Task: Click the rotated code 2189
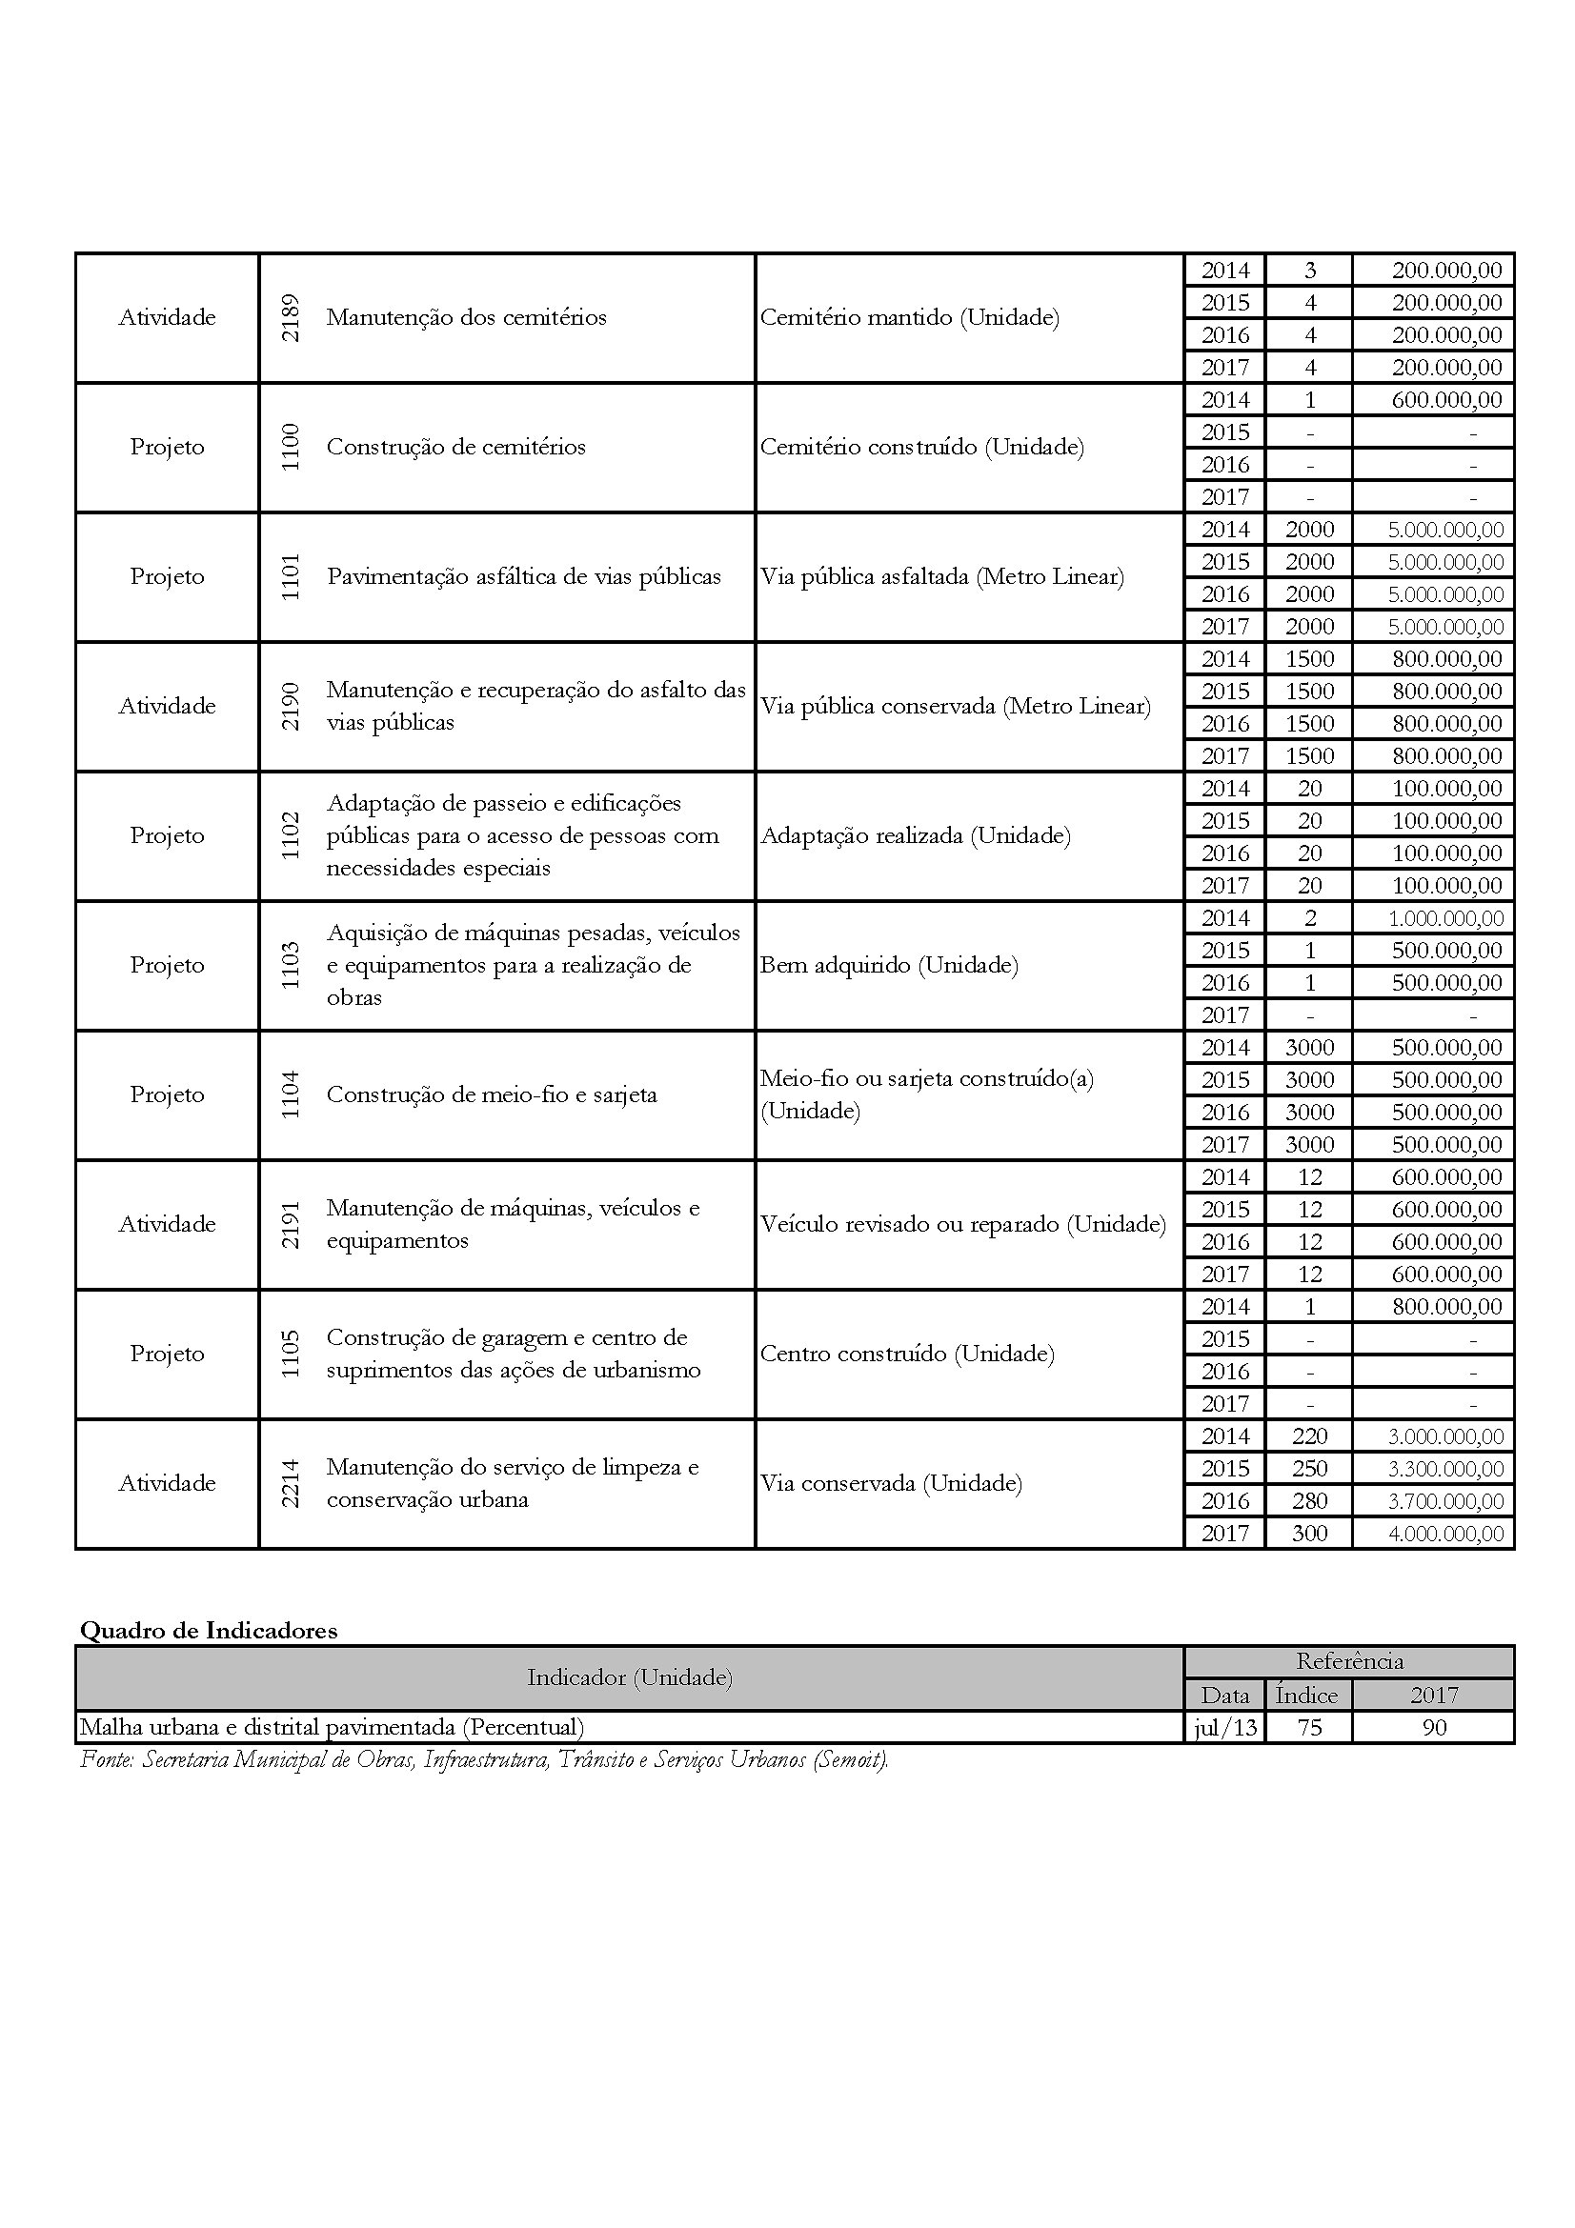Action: click(x=291, y=317)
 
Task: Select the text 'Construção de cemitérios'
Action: click(x=456, y=448)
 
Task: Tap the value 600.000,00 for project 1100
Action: click(x=1446, y=400)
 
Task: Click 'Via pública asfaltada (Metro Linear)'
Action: click(x=941, y=577)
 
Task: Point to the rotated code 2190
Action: click(x=291, y=707)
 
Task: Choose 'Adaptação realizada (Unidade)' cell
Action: click(x=915, y=836)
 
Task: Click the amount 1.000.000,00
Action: click(x=1445, y=918)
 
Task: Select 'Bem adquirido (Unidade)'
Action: click(x=889, y=966)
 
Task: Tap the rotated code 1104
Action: click(x=291, y=1094)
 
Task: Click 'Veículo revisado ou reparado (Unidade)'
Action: click(x=962, y=1225)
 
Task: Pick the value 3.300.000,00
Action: click(x=1445, y=1469)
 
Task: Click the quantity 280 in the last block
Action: click(x=1309, y=1501)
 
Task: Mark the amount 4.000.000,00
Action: click(x=1445, y=1535)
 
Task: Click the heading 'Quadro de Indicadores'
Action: click(x=209, y=1631)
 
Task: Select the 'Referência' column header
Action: click(x=1349, y=1661)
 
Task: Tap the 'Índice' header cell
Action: click(x=1306, y=1696)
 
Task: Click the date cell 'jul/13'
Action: click(x=1224, y=1728)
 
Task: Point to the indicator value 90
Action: click(x=1433, y=1728)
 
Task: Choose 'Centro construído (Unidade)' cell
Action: click(x=906, y=1354)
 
